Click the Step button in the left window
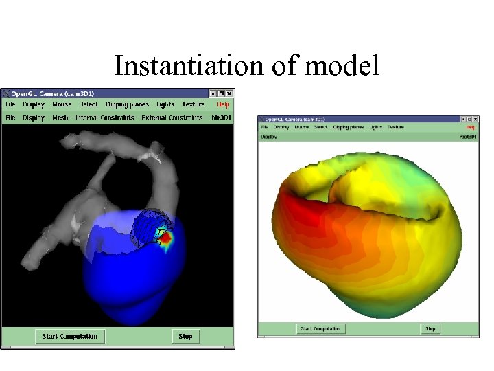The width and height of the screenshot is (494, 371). [x=185, y=337]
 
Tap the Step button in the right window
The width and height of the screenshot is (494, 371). [x=430, y=329]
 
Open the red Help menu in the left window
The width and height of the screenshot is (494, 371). [x=224, y=105]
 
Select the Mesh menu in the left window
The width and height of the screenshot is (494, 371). [x=60, y=118]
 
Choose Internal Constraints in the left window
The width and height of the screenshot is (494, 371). [x=105, y=118]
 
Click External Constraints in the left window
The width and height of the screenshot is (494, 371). [x=172, y=118]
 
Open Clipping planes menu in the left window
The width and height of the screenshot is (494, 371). [x=127, y=105]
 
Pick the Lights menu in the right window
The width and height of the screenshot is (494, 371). [x=375, y=127]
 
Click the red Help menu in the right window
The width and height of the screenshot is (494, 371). [x=471, y=127]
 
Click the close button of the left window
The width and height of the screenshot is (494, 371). [x=230, y=93]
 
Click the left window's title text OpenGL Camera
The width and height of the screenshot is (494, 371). [x=41, y=93]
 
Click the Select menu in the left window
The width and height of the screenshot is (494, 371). [x=89, y=105]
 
